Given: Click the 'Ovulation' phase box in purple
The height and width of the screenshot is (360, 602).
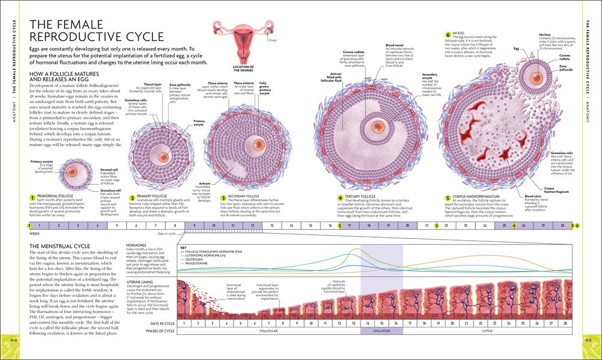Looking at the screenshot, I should point(381,331).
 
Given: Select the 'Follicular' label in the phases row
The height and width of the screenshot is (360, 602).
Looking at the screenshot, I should point(268,331).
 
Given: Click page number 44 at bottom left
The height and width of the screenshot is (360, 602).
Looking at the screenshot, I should point(14,342).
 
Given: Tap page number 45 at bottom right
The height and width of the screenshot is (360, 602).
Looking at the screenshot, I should point(588,342).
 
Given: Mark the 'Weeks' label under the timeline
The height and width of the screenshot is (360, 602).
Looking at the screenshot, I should point(35,233).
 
